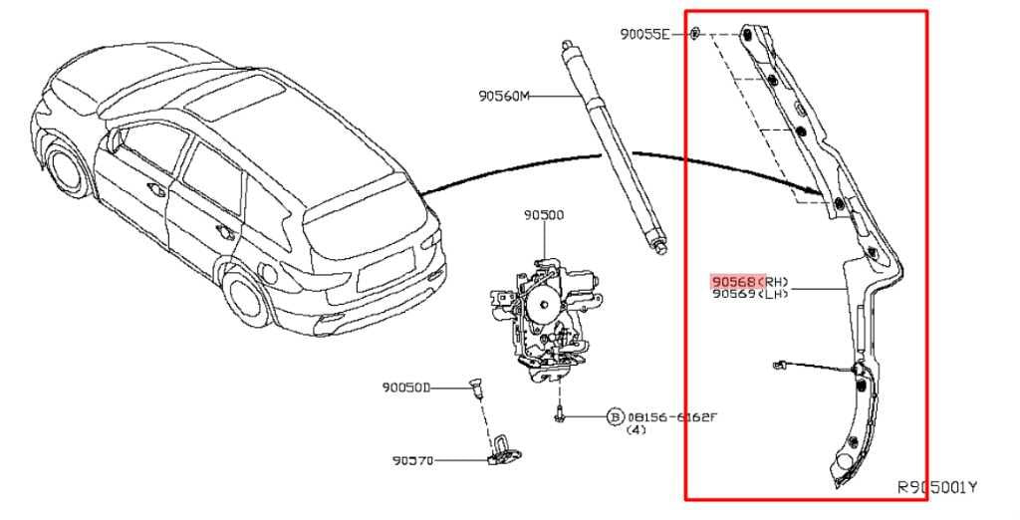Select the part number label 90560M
click(x=504, y=96)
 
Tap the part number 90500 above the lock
click(x=544, y=214)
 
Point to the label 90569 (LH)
click(x=750, y=295)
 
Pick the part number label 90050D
click(x=404, y=388)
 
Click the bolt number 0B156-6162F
click(x=671, y=416)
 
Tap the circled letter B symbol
click(x=615, y=416)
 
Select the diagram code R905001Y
click(x=937, y=488)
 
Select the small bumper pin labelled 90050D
click(x=475, y=389)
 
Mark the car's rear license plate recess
click(x=381, y=269)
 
